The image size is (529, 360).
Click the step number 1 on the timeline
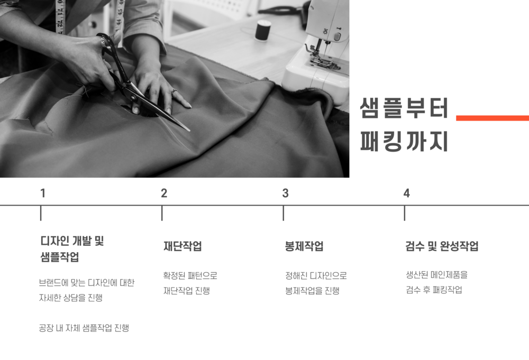42,193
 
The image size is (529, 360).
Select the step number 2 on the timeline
164,193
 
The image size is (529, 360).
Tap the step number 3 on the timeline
286,193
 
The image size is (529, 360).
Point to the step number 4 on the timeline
406,193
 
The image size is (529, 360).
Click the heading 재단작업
183,246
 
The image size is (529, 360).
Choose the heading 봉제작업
304,246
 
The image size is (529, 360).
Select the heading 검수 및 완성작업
442,246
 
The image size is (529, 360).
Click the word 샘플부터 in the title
404,108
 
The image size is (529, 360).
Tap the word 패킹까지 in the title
404,141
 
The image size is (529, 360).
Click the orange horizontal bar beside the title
492,118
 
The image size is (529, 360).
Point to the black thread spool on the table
263,30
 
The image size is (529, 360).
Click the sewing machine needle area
319,51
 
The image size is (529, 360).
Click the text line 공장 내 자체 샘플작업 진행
84,328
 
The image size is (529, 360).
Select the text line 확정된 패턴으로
190,276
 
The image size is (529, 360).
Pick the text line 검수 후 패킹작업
434,290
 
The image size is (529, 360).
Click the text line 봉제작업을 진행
312,291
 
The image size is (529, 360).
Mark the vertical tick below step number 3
284,214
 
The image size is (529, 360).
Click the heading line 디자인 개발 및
72,241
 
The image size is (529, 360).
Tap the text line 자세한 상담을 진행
70,298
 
